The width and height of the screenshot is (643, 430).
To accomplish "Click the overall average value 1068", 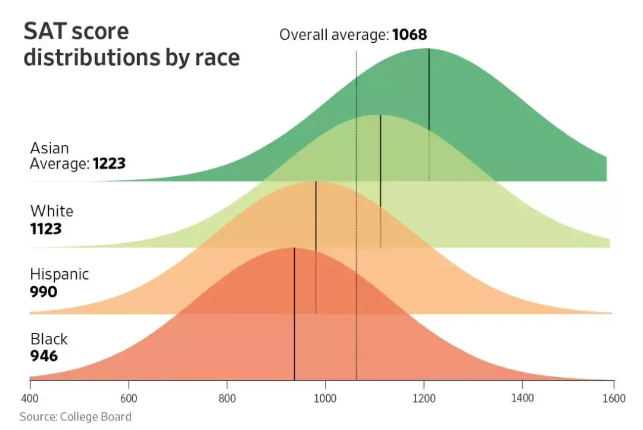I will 410,35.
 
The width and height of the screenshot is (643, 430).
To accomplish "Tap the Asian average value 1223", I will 109,164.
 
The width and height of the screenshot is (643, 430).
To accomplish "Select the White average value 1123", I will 46,228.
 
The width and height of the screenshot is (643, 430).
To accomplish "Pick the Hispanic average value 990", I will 43,292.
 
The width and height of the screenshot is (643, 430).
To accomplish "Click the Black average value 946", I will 44,356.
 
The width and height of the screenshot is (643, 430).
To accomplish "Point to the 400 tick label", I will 30,398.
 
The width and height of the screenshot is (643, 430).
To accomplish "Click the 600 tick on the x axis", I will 129,398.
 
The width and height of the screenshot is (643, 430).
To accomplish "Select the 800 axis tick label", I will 227,398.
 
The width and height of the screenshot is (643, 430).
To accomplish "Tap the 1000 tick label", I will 325,398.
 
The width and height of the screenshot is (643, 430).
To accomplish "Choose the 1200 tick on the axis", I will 424,398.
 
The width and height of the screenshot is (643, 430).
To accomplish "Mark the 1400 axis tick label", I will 522,398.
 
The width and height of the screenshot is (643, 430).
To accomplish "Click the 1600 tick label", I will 614,398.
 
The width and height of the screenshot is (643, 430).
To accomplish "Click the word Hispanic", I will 60,274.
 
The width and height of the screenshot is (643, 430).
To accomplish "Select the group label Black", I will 49,339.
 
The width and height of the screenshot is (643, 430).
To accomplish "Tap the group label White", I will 52,211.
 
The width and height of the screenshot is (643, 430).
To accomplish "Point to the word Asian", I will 49,147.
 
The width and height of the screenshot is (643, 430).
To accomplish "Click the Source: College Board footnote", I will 75,416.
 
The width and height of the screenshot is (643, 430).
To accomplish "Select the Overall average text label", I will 334,35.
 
